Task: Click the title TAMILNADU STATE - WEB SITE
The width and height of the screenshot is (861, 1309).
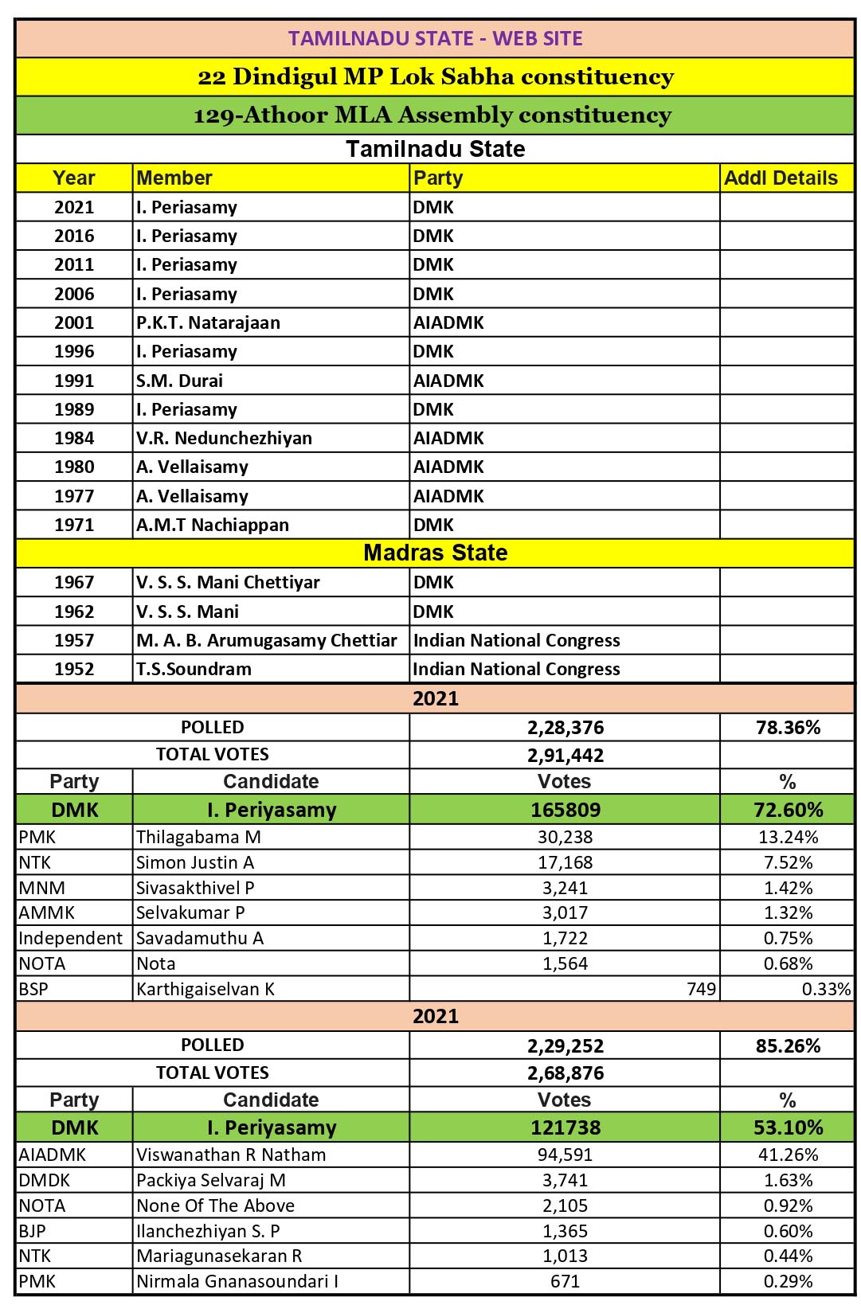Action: [x=435, y=38]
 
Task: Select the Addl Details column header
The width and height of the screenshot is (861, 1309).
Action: [x=781, y=178]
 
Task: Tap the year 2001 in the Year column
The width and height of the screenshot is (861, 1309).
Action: [x=74, y=322]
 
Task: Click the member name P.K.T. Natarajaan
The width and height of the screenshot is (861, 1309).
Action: [x=208, y=322]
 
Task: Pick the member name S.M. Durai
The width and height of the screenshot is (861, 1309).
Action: [x=179, y=381]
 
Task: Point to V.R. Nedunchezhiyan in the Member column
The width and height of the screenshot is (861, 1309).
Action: [x=224, y=438]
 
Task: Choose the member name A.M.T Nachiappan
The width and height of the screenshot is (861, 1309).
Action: [x=213, y=525]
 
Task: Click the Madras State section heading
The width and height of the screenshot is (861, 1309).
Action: [x=435, y=553]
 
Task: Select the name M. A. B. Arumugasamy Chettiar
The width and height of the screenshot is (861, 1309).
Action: [x=266, y=640]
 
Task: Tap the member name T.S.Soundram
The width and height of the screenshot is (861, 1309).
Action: [x=194, y=669]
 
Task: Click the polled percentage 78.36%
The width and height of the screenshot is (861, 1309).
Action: [x=788, y=727]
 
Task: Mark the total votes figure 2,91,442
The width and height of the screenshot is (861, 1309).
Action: [x=566, y=755]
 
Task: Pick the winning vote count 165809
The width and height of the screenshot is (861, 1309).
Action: [x=566, y=810]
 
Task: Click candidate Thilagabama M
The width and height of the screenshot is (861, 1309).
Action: [x=198, y=837]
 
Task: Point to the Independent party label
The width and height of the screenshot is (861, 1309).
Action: [x=71, y=938]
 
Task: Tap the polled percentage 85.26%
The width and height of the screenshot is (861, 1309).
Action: [x=788, y=1045]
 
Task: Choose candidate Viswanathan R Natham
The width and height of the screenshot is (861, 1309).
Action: [x=231, y=1155]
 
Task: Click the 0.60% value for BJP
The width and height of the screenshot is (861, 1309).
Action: [x=788, y=1230]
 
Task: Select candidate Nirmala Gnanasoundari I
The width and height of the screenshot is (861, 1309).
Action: [x=237, y=1281]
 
